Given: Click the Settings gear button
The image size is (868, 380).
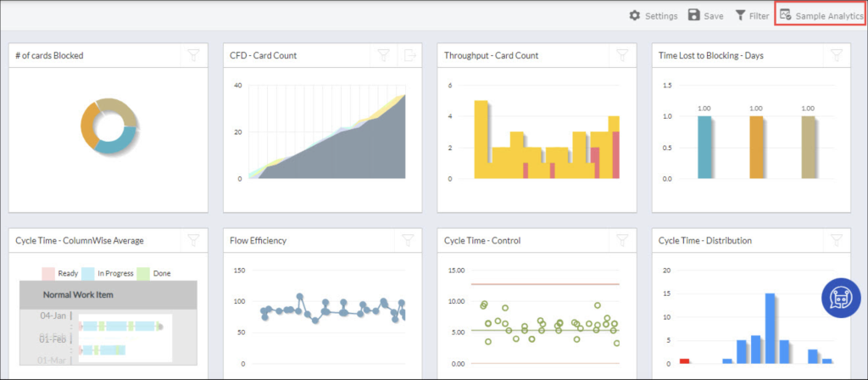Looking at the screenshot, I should coord(653,16).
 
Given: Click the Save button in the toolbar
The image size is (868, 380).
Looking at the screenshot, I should coord(705,16).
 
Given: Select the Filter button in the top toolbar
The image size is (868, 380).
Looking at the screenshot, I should coord(751,16).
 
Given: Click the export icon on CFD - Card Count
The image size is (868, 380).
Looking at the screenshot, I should coord(410,56).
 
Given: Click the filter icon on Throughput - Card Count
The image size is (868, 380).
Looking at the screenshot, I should coord(622,56).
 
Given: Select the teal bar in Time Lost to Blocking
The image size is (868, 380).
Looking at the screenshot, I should coord(704,147).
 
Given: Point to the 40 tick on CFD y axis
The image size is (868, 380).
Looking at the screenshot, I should coord(238,86).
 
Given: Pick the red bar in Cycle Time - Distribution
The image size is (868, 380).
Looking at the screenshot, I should coord(685,360).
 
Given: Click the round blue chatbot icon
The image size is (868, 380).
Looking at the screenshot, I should coord(841,298).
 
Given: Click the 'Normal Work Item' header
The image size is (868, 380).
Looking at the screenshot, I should coord(78,295).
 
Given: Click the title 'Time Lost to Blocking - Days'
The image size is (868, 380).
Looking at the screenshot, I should coord(710,56).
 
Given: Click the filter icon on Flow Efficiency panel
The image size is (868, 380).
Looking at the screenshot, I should coord(408,240).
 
